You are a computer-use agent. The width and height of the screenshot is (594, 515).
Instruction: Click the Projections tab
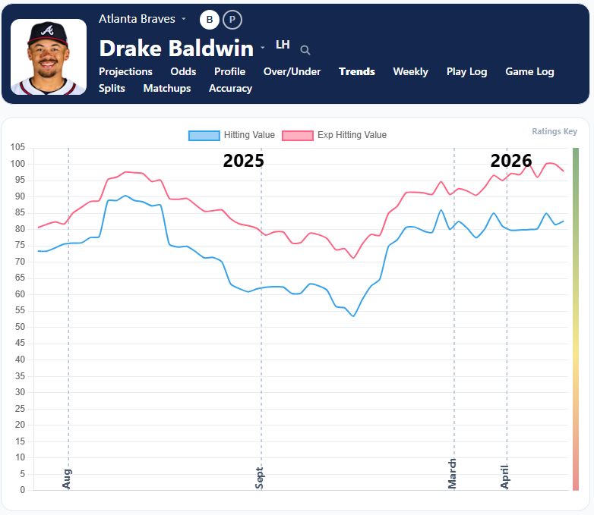coord(125,71)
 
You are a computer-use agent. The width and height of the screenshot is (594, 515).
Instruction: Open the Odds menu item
coord(183,71)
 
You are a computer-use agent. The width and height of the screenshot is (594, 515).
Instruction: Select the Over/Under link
coord(292,71)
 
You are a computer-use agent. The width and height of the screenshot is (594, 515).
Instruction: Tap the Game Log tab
coord(529,71)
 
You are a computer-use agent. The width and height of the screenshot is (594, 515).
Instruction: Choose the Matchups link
coord(166,88)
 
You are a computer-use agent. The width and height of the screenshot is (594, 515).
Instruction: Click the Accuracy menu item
coord(230,88)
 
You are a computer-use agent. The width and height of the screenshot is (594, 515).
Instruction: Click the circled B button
coord(210,20)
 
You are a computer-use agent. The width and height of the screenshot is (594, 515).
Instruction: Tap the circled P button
coord(232,20)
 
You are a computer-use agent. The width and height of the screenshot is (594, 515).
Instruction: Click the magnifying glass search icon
coord(305,50)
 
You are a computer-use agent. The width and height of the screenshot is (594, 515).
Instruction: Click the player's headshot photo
coord(49,57)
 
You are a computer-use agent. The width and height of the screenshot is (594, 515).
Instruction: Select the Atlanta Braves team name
coord(137,18)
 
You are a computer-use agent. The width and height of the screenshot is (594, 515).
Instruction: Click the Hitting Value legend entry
coord(232,135)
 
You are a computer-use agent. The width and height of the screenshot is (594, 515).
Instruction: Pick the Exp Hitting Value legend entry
coord(334,135)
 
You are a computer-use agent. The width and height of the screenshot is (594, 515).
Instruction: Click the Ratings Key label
coord(555,131)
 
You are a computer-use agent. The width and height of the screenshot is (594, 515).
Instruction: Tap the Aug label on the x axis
coord(67,478)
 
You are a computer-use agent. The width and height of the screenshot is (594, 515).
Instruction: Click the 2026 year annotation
coord(511,160)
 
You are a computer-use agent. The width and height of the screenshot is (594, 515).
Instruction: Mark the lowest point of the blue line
coord(353,316)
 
